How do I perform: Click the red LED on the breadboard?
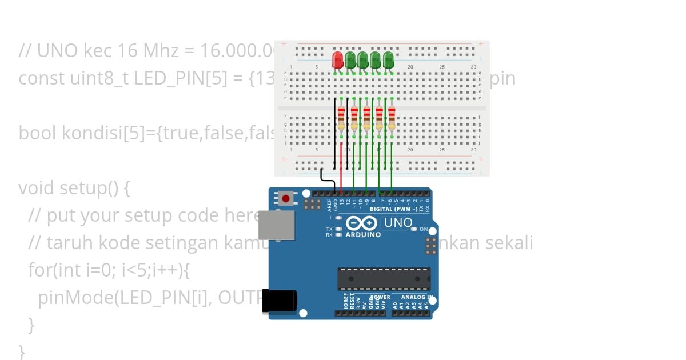point(337,59)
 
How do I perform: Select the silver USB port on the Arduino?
point(277,225)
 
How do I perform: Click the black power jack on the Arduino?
point(279,301)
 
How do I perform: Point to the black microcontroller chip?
point(384,278)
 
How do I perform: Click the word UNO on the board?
point(397,223)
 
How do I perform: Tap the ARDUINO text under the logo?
point(363,235)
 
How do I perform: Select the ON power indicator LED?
point(416,229)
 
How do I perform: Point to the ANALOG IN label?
point(416,297)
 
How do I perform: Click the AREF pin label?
point(329,205)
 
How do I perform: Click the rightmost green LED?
point(389,59)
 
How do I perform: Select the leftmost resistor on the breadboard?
point(341,118)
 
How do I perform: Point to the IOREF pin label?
point(345,302)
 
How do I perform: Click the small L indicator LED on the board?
point(338,218)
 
